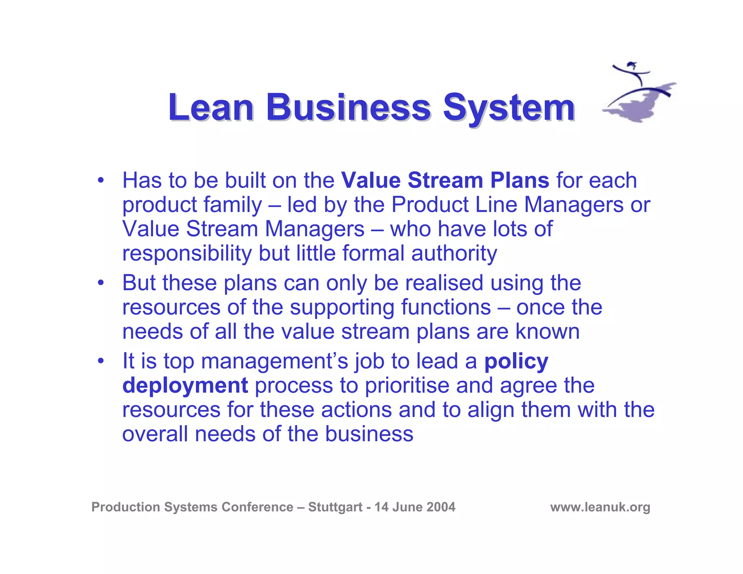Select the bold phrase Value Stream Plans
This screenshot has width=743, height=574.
pyautogui.click(x=445, y=180)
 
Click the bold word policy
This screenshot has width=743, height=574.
pyautogui.click(x=516, y=362)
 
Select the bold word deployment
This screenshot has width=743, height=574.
pyautogui.click(x=185, y=386)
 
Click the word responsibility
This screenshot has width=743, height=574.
pyautogui.click(x=187, y=254)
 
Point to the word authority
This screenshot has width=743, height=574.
pyautogui.click(x=454, y=254)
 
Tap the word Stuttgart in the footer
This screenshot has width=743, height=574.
pyautogui.click(x=335, y=507)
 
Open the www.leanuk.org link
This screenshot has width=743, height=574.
pyautogui.click(x=600, y=507)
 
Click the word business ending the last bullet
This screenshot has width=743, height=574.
pyautogui.click(x=369, y=434)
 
